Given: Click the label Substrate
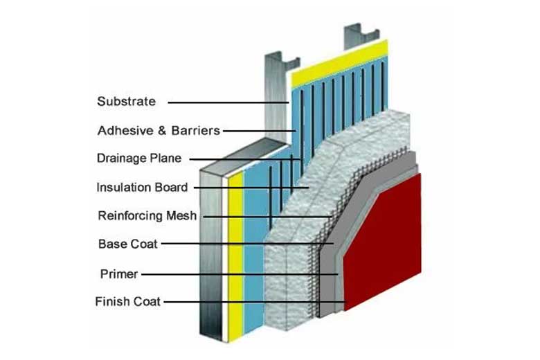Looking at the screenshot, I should coord(126,102).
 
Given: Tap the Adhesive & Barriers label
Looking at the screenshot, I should coord(159,130).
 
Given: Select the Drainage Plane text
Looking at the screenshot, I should coord(138,158).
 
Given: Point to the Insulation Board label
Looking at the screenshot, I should coord(141,187).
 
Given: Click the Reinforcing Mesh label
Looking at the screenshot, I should coord(147,215).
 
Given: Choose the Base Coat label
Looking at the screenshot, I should coord(128,244).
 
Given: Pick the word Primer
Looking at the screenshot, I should coord(118,274).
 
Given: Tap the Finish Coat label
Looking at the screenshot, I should coord(127,302).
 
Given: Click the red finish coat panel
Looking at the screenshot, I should coord(388,242).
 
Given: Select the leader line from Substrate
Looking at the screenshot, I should coord(228,102).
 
